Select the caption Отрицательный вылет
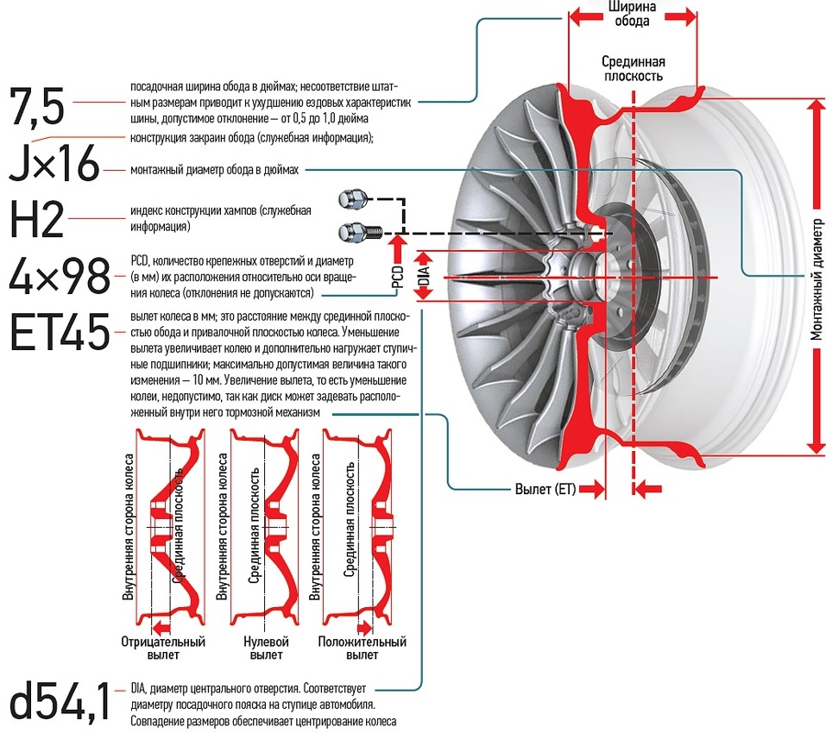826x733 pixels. pos(163,648)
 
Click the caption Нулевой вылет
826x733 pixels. pos(266,648)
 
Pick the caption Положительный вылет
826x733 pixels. pos(363,648)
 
